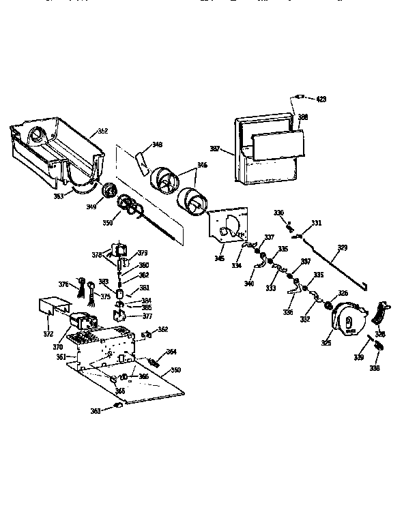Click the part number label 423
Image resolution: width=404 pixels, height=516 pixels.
pos(321,100)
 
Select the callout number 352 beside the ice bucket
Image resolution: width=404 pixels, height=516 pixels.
pos(102,131)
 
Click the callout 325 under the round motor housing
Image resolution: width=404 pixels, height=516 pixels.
pos(327,343)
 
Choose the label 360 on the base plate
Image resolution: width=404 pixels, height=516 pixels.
pos(176,370)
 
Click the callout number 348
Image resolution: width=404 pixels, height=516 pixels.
pos(158,145)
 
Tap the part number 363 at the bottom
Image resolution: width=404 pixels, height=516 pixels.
pos(96,410)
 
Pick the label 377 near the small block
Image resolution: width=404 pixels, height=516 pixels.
pos(147,316)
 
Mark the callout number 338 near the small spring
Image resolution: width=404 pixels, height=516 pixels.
pos(375,367)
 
